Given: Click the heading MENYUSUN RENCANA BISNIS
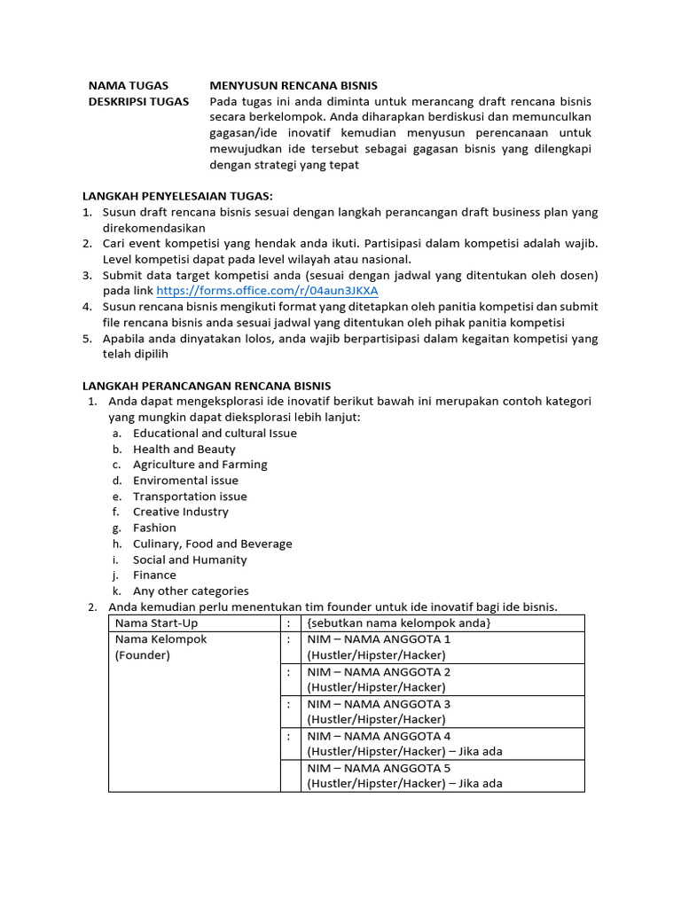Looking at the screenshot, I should pos(294,85).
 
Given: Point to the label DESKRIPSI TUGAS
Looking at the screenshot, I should pos(138,101).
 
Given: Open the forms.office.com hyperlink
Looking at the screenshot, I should pos(267,291).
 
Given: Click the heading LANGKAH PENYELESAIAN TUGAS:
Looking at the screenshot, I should pos(177,196).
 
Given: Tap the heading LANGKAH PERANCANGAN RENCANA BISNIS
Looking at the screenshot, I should pos(207,386).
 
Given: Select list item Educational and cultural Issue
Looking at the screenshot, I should pos(215,434).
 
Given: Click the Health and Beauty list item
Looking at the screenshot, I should pos(184,450).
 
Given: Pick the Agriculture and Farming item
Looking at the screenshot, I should pos(200,465).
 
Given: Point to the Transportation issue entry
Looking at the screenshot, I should pos(190,497).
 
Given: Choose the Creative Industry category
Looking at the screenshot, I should pos(181,512).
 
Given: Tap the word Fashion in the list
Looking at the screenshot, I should pos(154,528).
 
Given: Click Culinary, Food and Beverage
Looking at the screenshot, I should pos(212,544).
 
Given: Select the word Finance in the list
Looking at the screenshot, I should pos(154,575).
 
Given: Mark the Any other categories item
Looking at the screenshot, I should pos(191,591).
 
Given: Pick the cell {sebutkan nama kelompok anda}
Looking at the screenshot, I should pos(399,623).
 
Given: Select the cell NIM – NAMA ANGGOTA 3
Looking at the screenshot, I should pos(379,704).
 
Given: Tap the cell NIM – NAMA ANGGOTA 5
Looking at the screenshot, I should pos(379,768).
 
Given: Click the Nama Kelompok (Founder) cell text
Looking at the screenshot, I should pos(160,647).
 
